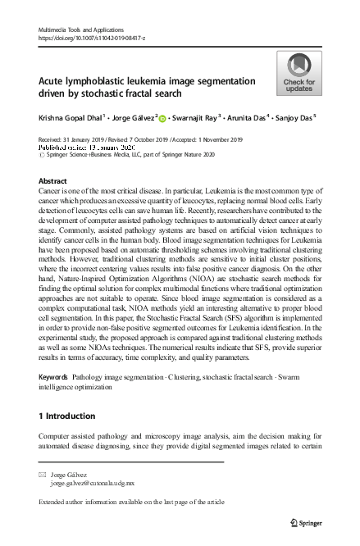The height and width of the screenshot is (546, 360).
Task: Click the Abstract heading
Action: click(x=52, y=180)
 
